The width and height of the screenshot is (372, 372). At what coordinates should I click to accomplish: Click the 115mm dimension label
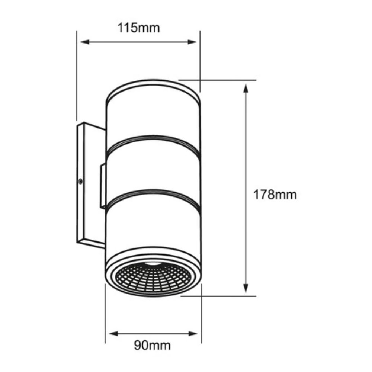(139, 28)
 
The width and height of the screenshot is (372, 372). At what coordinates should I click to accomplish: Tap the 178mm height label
(275, 194)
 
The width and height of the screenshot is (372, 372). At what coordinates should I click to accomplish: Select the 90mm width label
(152, 346)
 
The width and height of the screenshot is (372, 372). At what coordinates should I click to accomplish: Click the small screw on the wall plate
(80, 181)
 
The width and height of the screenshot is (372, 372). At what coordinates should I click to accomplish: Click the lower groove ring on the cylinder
(153, 196)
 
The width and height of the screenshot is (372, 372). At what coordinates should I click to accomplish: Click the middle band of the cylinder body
(153, 169)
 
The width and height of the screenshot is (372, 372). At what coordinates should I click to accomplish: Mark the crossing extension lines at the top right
(201, 80)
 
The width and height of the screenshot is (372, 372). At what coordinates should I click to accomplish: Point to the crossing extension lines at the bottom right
(201, 296)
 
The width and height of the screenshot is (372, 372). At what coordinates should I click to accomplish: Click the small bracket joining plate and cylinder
(103, 186)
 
